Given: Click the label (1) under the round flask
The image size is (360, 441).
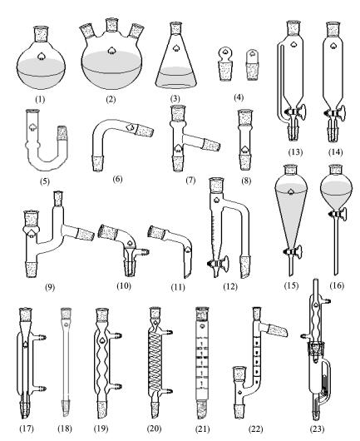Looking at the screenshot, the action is (x=40, y=99).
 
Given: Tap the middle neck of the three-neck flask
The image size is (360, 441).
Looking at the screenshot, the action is (x=111, y=26).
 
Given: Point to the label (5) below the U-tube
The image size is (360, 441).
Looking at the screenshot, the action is (x=45, y=181).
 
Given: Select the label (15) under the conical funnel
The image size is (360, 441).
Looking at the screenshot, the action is (x=291, y=285).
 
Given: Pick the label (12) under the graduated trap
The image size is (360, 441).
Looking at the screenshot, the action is (x=230, y=287).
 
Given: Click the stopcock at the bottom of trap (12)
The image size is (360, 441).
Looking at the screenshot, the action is (x=219, y=264).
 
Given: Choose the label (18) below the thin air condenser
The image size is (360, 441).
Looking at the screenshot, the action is (x=65, y=429).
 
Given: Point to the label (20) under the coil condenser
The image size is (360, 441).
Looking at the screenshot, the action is (x=154, y=429).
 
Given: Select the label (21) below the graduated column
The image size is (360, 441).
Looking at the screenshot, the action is (x=203, y=429).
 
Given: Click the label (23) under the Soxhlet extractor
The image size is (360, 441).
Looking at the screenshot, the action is (x=317, y=429).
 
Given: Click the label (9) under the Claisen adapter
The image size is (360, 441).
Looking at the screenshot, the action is (x=50, y=287).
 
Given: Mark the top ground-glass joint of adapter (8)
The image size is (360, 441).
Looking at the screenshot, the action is (x=244, y=118).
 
